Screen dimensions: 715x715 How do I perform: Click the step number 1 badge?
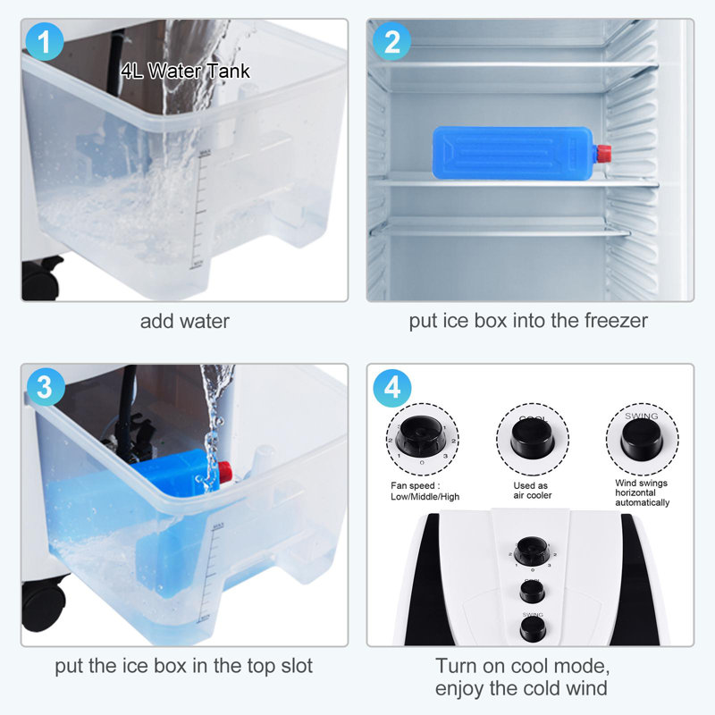45,42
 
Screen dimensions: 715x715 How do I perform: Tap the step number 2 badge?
391,41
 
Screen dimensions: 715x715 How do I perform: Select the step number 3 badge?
45,388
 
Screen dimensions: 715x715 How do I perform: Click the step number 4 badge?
391,388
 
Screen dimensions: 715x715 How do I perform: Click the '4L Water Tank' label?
186,71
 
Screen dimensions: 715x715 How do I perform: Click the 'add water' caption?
184,321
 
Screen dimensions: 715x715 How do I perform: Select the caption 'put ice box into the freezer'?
528,321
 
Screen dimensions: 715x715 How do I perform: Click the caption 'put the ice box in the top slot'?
185,666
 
